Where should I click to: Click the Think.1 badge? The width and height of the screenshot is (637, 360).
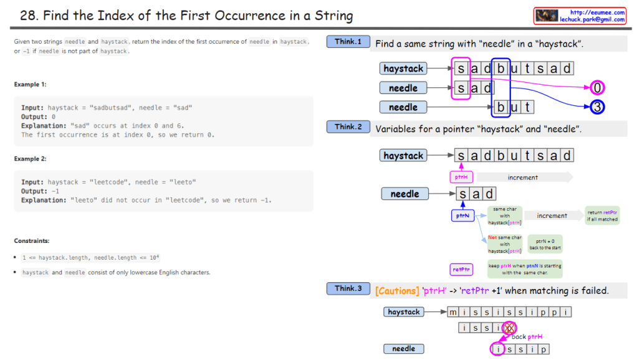(x=348, y=42)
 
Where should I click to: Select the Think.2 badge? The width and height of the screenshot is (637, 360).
(x=348, y=127)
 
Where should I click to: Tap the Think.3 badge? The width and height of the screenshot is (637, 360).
(x=348, y=288)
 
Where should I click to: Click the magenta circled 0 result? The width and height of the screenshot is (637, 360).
(x=597, y=88)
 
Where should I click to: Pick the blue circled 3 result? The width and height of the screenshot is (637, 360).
(x=597, y=107)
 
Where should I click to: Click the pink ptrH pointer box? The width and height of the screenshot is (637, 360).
(x=461, y=178)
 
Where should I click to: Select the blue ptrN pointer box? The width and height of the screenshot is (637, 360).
(x=462, y=216)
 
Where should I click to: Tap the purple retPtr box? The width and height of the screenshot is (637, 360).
(x=461, y=269)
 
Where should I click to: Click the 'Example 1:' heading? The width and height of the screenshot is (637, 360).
(x=31, y=85)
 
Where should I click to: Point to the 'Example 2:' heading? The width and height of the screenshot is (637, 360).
(x=31, y=159)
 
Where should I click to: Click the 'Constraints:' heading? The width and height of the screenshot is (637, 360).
(x=32, y=240)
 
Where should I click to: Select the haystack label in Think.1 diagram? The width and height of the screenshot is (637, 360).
(x=403, y=69)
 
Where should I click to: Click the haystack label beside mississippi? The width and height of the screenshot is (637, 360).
(x=403, y=311)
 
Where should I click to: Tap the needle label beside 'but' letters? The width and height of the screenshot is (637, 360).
(x=403, y=107)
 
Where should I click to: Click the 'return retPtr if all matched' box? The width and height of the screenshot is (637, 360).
(x=602, y=216)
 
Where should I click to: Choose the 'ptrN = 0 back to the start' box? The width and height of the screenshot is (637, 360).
(x=545, y=244)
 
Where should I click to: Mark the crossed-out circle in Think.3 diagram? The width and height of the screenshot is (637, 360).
(x=510, y=327)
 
